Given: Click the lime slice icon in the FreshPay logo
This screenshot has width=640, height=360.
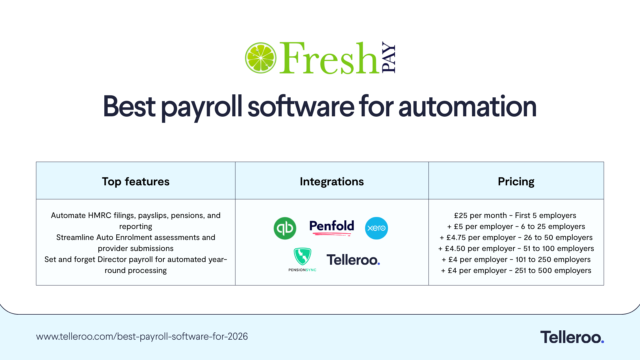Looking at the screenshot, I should pos(260,58).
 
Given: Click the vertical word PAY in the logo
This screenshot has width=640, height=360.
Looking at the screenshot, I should pos(388,57).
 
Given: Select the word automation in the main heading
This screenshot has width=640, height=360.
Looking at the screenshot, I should pos(467,107).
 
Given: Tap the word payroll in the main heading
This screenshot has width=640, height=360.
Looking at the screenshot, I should pos(201,107).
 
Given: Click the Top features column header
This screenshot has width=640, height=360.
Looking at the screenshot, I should pos(136,181).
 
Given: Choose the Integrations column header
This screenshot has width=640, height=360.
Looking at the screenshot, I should pos(332,181).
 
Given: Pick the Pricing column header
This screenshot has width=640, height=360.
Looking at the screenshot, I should pos(516,181).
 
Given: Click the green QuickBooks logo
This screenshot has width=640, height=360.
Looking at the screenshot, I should pos(285,228).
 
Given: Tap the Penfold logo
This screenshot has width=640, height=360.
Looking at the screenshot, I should pos(332,227).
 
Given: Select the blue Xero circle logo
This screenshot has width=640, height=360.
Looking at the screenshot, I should pos(376,228).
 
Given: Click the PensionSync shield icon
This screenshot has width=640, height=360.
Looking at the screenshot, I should pos(302,256).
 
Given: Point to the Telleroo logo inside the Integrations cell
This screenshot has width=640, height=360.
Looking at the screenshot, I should pos(353,260).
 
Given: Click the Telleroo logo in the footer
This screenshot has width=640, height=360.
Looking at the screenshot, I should pos(572,337).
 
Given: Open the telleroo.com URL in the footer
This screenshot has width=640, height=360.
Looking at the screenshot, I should pos(142,336).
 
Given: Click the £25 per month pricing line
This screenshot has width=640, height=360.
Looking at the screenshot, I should pos(515,215).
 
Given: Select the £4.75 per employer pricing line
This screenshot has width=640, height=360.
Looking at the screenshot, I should pos(516,237).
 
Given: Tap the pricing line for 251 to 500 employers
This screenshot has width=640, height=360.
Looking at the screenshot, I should pos(516,270).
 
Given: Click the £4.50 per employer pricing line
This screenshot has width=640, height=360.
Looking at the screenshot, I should pos(516,248).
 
